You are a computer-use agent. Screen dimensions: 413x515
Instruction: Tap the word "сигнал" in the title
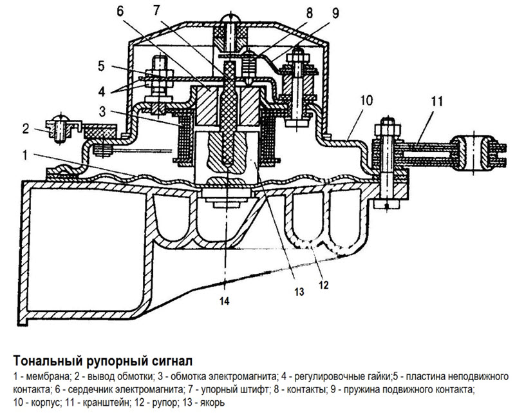169,358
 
